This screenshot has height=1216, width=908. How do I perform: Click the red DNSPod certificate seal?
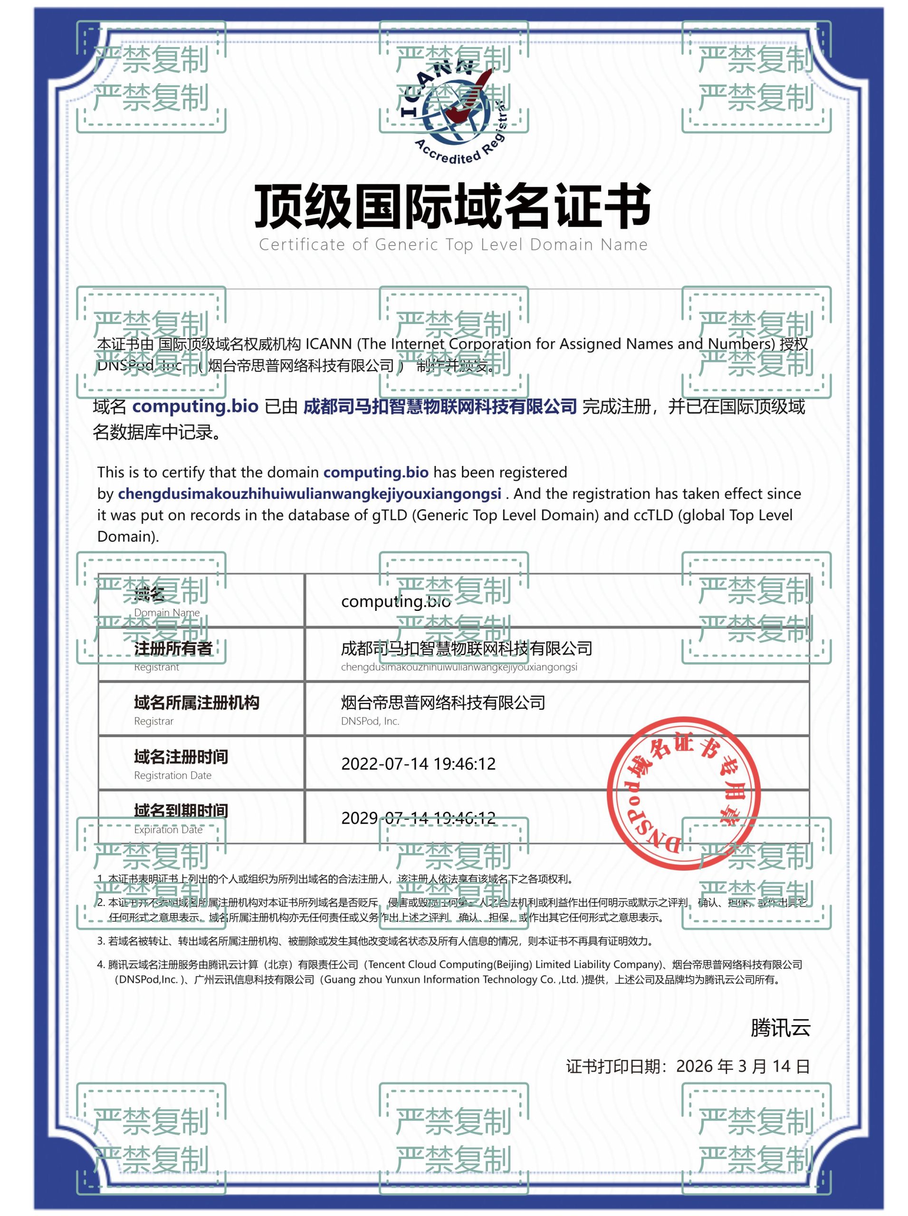pyautogui.click(x=683, y=793)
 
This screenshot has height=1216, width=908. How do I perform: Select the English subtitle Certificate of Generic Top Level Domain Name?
pyautogui.click(x=453, y=245)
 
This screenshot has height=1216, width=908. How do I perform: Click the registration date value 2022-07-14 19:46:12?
pyautogui.click(x=418, y=764)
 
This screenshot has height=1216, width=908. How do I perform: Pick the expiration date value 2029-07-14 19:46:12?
pyautogui.click(x=418, y=817)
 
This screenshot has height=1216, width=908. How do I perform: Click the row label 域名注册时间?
pyautogui.click(x=181, y=757)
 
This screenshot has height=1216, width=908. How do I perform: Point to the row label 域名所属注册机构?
pyautogui.click(x=196, y=703)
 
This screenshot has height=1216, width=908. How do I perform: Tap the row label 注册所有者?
pyautogui.click(x=173, y=648)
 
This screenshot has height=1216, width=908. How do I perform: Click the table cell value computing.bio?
pyautogui.click(x=396, y=602)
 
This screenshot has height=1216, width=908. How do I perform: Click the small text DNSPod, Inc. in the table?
pyautogui.click(x=370, y=722)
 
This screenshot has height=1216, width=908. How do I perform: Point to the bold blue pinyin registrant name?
pyautogui.click(x=309, y=494)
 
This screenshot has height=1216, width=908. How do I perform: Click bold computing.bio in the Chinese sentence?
pyautogui.click(x=195, y=407)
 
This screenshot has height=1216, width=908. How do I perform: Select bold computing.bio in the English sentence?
pyautogui.click(x=375, y=473)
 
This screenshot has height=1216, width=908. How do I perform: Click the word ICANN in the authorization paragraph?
pyautogui.click(x=328, y=344)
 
